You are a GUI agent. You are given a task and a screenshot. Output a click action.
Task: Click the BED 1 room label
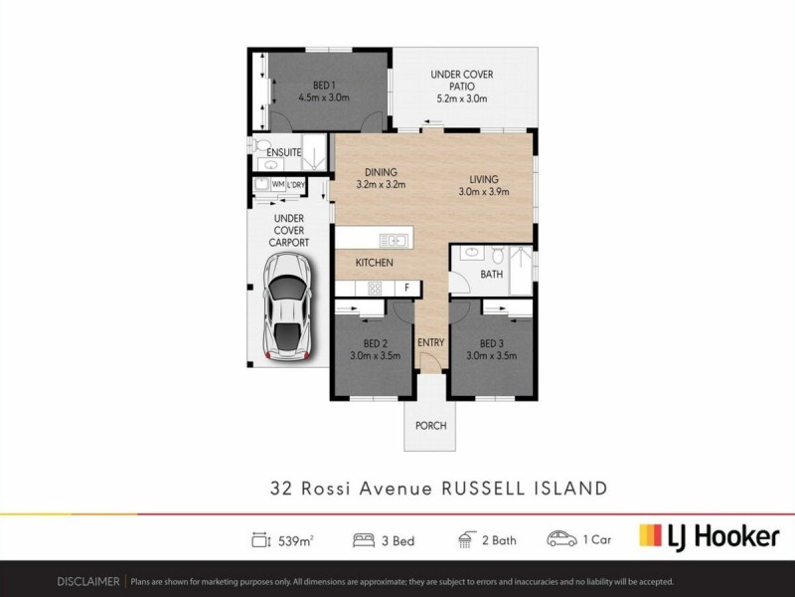[320, 86]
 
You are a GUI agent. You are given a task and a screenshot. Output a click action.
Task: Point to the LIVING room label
[484, 179]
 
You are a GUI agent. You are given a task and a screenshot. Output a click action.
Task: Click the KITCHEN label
[376, 263]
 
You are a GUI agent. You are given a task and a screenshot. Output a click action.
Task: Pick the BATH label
[491, 274]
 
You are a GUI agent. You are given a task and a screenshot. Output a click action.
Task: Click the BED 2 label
[374, 343]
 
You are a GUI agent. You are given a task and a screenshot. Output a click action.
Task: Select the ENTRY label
[430, 343]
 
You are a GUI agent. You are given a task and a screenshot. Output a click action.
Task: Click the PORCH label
[431, 426]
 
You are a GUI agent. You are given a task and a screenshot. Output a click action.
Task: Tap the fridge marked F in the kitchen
[405, 288]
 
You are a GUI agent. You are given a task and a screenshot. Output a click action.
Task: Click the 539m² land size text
[295, 539]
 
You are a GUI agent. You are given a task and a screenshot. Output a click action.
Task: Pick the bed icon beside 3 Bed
[362, 539]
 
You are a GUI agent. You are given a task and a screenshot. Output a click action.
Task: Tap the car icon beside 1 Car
[561, 539]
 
